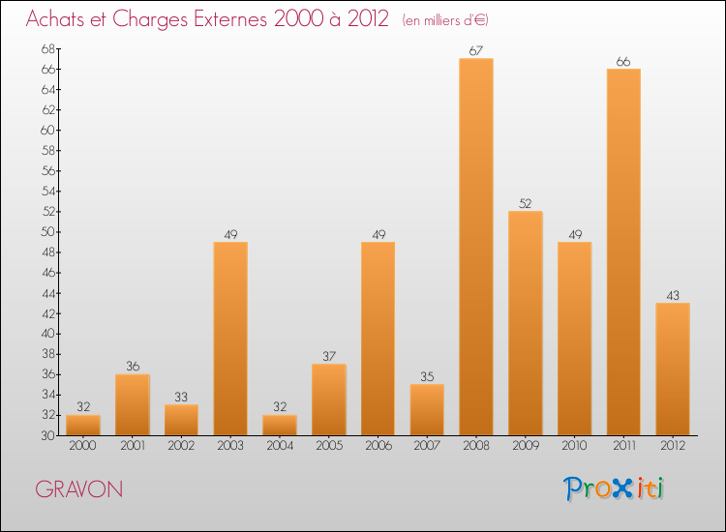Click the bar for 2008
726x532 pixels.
pos(475,247)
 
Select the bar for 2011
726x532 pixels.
pos(622,251)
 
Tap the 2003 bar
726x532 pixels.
pos(230,338)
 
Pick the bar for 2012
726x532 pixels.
pos(672,369)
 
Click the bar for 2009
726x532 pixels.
pos(525,323)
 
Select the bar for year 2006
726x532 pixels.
pos(378,338)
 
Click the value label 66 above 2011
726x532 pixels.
pos(622,62)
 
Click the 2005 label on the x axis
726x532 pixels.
pos(328,446)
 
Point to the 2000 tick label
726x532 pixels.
pos(83,446)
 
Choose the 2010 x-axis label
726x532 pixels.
pos(574,446)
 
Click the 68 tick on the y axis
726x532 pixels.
pos(47,48)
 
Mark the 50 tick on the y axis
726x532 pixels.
pos(47,232)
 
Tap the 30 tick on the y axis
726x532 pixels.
pos(47,435)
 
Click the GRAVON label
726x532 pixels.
pos(79,489)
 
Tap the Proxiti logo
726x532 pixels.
pos(615,488)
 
